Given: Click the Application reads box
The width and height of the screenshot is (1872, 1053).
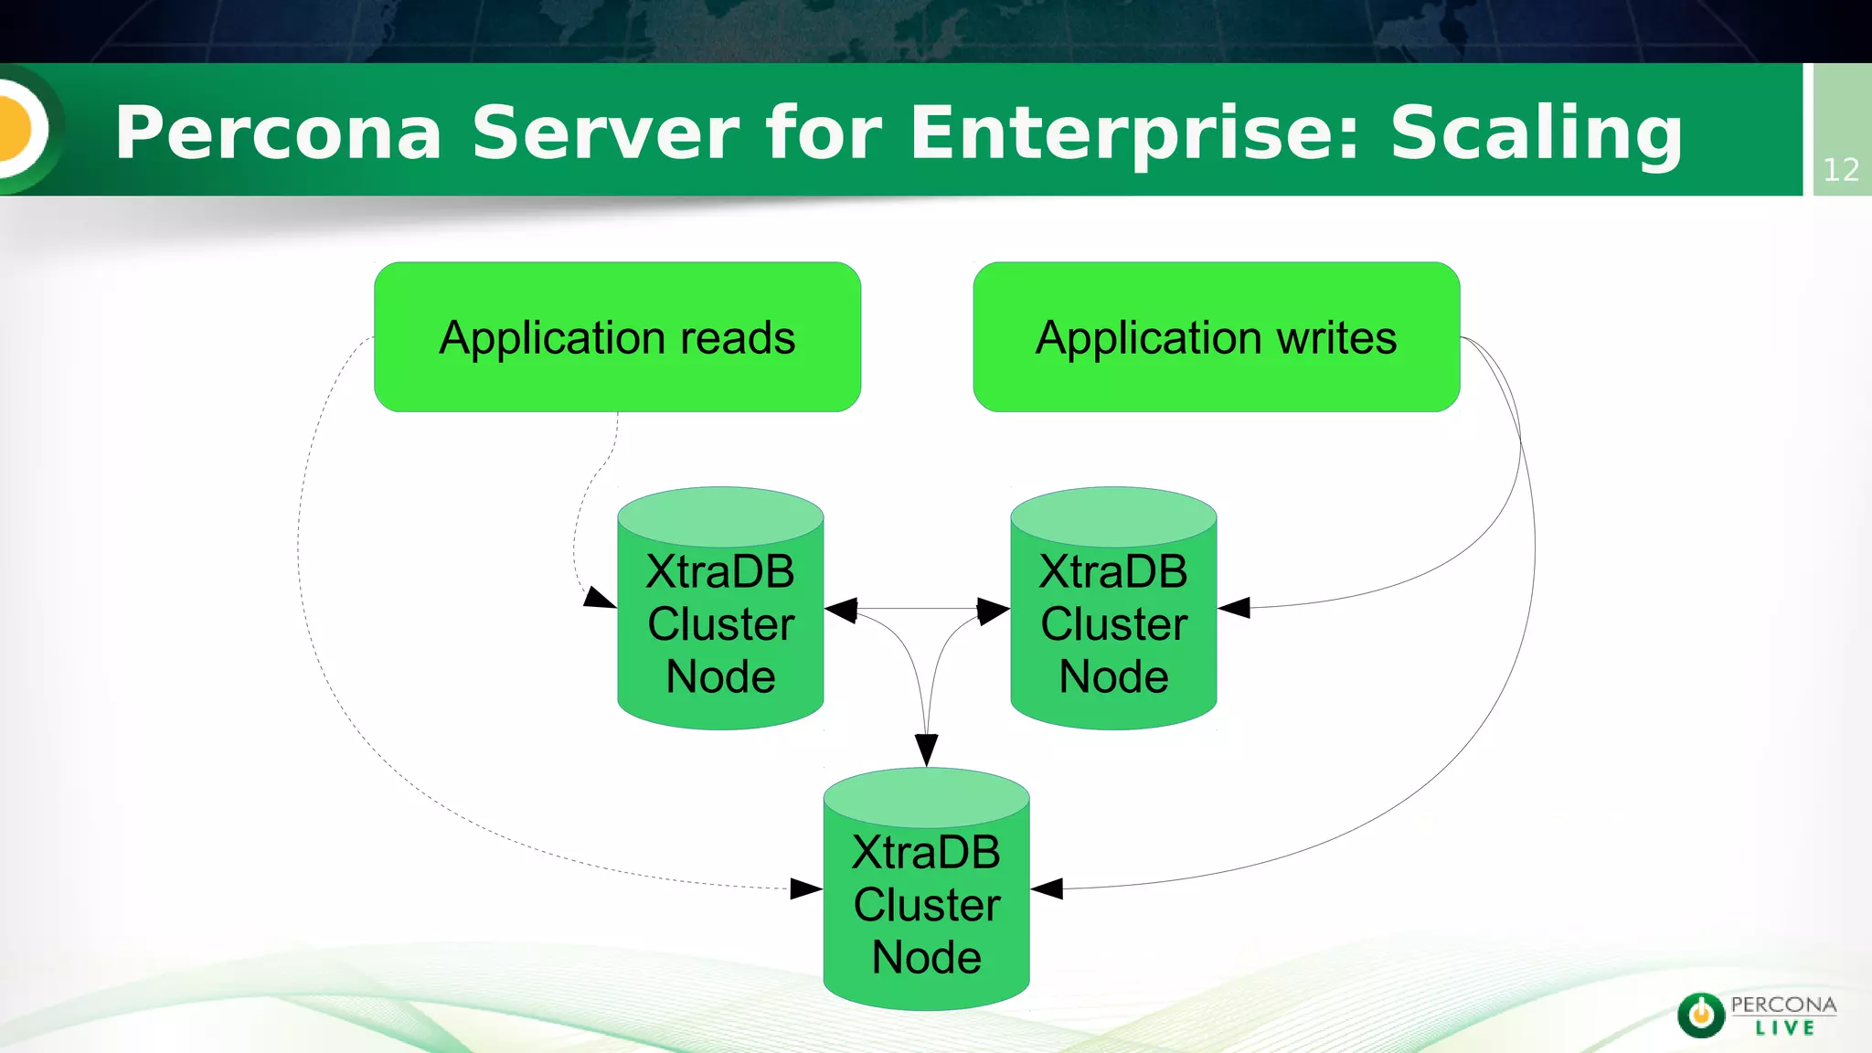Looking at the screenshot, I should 617,336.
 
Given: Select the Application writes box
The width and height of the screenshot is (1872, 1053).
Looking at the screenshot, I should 1216,336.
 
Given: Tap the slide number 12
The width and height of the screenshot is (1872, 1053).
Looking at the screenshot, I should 1841,170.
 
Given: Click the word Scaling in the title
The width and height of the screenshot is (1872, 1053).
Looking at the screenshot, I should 1536,133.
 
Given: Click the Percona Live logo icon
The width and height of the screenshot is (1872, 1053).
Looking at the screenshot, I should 1701,1015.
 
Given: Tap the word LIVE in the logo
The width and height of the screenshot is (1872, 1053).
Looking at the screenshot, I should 1784,1028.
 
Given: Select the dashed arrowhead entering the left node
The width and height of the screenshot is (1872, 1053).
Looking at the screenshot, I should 600,600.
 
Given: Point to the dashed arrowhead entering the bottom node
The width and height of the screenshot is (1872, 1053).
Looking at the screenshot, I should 806,888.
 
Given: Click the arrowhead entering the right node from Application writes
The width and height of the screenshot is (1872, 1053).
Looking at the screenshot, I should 1234,608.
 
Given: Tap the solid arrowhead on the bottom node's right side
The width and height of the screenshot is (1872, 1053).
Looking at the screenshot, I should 1047,888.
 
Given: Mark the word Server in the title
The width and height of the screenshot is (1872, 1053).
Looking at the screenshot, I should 604,133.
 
